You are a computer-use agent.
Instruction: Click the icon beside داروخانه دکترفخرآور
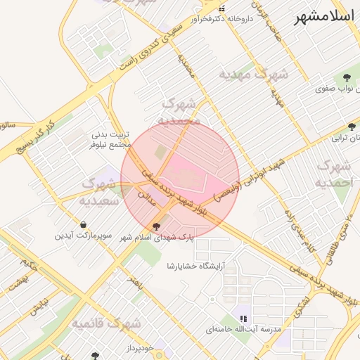point(222,8)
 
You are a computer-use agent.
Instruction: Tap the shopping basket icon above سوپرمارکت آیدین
point(84,225)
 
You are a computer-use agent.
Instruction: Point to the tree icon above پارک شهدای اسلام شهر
point(156,226)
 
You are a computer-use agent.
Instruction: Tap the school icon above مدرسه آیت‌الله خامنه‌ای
point(243,319)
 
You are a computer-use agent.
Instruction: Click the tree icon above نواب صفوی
point(346,78)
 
